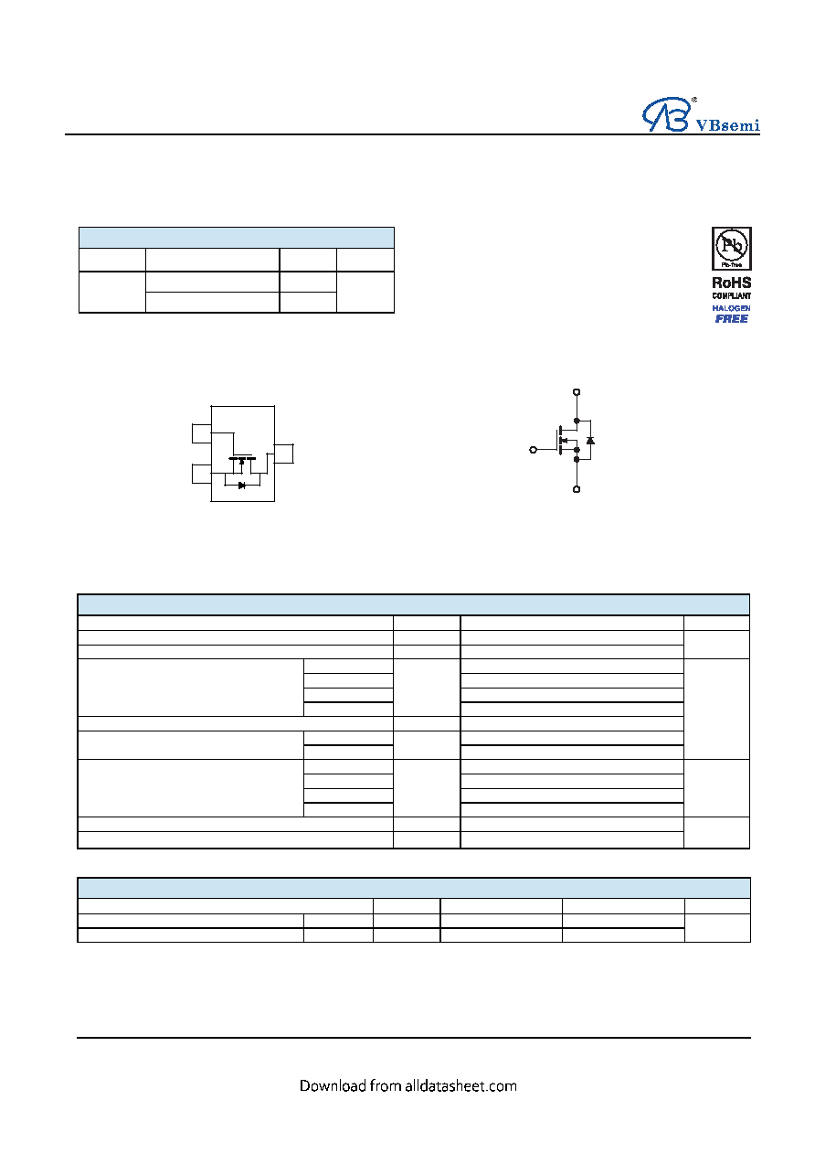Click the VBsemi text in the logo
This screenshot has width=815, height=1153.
(727, 125)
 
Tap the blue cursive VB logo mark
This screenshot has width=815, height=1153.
(666, 114)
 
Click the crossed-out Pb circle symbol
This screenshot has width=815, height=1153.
(732, 245)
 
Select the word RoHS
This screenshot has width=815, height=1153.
(731, 283)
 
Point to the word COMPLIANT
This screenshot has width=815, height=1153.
(731, 296)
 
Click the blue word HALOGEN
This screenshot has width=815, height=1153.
(731, 308)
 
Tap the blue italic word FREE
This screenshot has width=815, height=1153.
(731, 318)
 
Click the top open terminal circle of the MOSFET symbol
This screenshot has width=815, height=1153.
(577, 392)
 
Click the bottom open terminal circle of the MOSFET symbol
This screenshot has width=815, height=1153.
(577, 489)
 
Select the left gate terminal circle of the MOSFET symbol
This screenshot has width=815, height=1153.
(534, 450)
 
